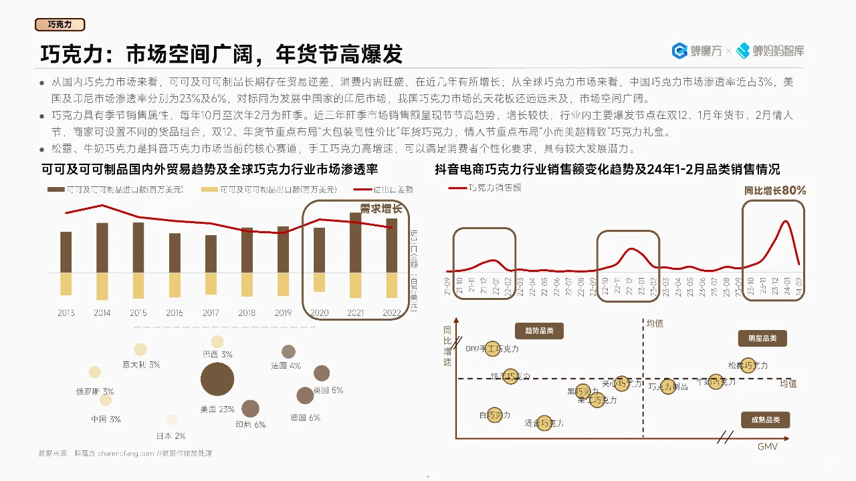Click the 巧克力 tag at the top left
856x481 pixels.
pyautogui.click(x=60, y=25)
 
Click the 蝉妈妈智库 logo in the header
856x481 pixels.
pyautogui.click(x=770, y=50)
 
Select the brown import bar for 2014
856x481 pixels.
pyautogui.click(x=102, y=247)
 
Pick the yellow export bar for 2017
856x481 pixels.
pyautogui.click(x=211, y=284)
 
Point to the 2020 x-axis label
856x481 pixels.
pyautogui.click(x=319, y=313)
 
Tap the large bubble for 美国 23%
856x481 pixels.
pyautogui.click(x=217, y=379)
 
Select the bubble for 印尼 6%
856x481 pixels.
pyautogui.click(x=251, y=409)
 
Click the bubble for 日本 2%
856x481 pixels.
pyautogui.click(x=172, y=420)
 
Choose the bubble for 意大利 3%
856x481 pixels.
pyautogui.click(x=140, y=349)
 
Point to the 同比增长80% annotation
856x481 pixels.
pyautogui.click(x=775, y=190)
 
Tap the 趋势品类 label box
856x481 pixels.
pyautogui.click(x=539, y=331)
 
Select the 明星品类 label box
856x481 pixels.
pyautogui.click(x=762, y=338)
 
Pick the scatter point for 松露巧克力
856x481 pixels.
pyautogui.click(x=750, y=365)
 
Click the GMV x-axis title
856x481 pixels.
pyautogui.click(x=768, y=446)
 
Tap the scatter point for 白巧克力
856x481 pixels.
pyautogui.click(x=495, y=415)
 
